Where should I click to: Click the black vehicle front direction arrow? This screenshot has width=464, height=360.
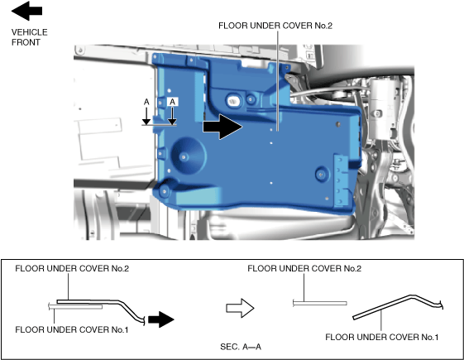pos(26,11)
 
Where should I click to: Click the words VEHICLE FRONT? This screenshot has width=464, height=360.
pos(29,37)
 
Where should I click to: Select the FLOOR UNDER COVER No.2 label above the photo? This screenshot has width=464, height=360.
pos(275,26)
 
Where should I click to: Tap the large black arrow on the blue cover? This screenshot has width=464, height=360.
pos(222,127)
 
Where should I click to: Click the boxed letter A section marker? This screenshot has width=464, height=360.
pos(172,102)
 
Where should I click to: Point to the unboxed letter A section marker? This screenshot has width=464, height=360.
pos(146,102)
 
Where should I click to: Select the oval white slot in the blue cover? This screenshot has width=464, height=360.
pos(233,101)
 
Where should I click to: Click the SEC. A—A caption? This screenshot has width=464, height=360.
pos(241,347)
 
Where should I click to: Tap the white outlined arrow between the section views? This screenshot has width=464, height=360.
pos(240,308)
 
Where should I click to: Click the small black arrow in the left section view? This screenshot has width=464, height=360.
pos(161,319)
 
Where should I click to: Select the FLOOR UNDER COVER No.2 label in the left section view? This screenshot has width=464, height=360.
pos(72,268)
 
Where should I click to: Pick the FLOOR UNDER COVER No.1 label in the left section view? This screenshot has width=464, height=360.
pos(72,329)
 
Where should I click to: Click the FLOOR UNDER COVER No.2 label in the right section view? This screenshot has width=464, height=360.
pos(304,268)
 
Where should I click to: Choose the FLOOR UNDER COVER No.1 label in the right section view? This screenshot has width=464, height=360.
pos(382,337)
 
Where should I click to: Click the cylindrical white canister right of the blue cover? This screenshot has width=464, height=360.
pos(385,108)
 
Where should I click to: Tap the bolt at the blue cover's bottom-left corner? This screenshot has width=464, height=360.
pos(165,191)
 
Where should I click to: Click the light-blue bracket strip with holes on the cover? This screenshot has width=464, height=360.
pos(340,180)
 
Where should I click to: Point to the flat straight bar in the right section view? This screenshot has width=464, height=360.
pos(320,303)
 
